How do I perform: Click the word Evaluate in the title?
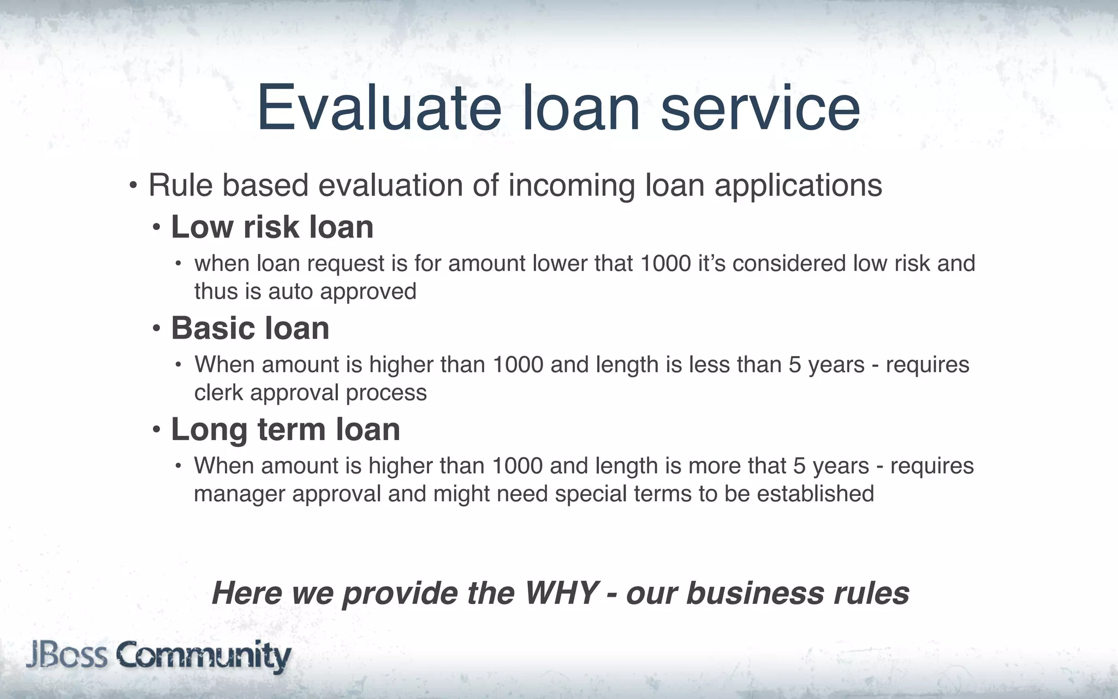point(378,108)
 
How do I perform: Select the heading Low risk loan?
point(272,227)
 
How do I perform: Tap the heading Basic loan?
point(250,328)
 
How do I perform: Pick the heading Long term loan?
point(286,429)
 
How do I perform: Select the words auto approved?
point(342,292)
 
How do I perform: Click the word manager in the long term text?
point(240,494)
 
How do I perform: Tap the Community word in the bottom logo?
point(203,656)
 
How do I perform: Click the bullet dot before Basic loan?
point(157,329)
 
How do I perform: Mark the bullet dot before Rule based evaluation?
point(133,186)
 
